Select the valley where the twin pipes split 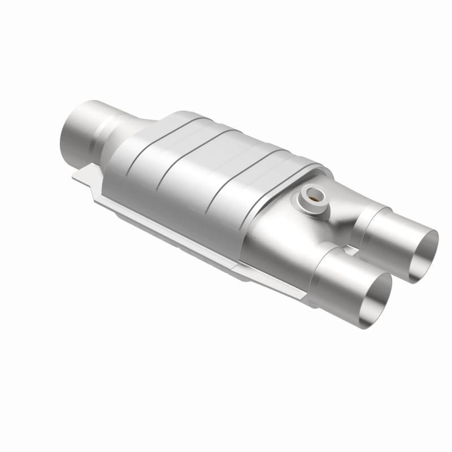tap(339, 237)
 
